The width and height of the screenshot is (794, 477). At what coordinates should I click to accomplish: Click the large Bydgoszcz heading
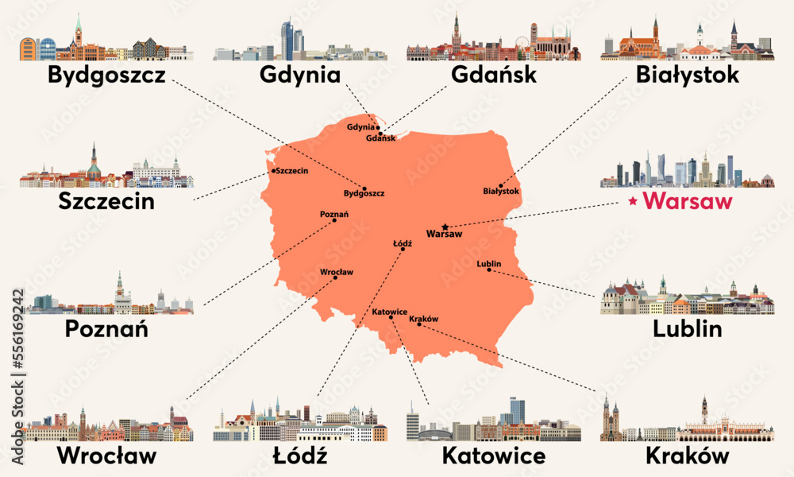106,76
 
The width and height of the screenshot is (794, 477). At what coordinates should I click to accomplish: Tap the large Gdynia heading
300,76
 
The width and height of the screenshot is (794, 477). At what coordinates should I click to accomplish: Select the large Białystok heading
688,76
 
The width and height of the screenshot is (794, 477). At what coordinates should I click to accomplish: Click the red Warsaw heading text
688,202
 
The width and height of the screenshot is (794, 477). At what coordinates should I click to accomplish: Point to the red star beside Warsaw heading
632,202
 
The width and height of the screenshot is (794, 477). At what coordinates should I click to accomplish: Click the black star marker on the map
445,227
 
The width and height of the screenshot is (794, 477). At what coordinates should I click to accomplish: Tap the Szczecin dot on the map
274,170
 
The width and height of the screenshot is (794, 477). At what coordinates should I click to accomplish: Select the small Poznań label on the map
333,213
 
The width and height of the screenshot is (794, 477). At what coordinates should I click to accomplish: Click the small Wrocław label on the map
336,271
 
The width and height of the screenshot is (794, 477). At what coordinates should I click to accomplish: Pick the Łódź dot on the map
403,250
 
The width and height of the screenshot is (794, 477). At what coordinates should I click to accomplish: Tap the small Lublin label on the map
489,263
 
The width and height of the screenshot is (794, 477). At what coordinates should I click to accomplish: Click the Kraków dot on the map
419,324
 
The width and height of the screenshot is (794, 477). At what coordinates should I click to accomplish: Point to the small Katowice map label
389,312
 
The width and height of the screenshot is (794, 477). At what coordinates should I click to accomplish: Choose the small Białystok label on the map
500,192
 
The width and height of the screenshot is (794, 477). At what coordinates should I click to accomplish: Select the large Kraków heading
688,456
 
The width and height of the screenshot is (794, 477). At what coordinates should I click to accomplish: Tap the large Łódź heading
300,456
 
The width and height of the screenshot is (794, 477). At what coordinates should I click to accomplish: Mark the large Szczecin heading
106,202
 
